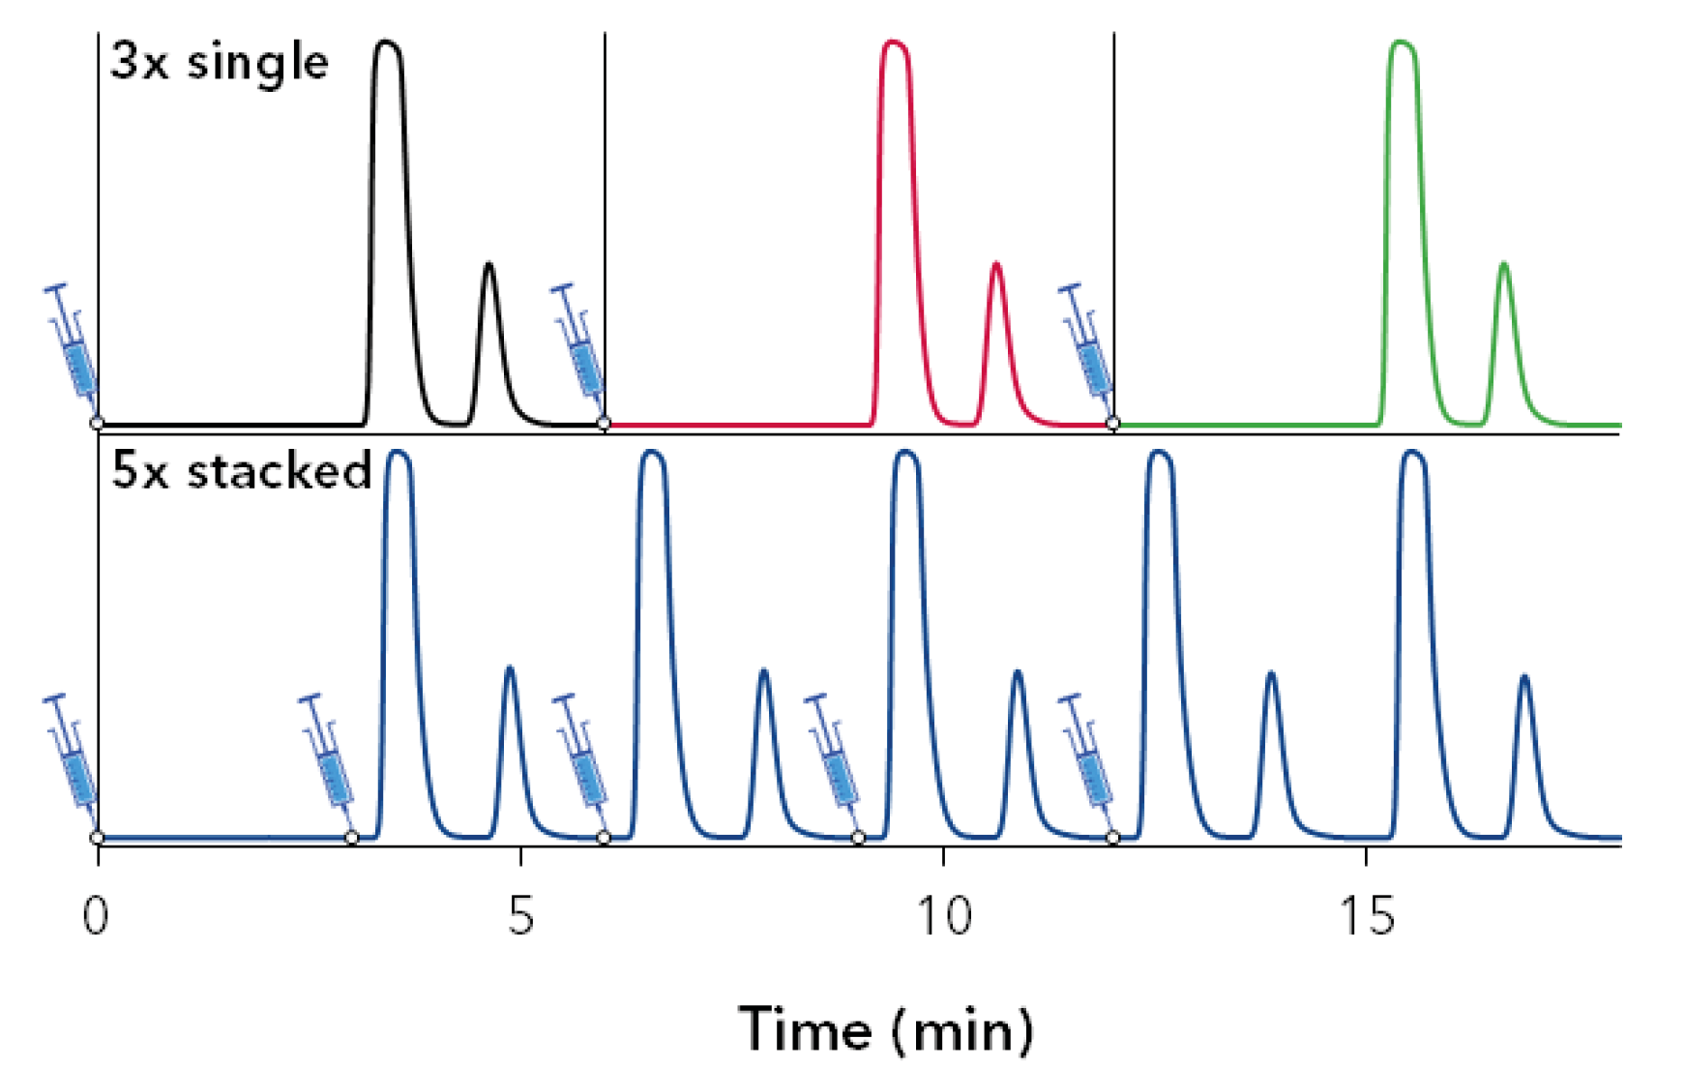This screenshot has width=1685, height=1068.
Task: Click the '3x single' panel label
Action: pyautogui.click(x=220, y=64)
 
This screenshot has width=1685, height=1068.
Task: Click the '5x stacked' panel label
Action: pyautogui.click(x=241, y=472)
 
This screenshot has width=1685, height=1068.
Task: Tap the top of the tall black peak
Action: pyautogui.click(x=387, y=44)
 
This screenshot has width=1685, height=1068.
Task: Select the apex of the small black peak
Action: pyautogui.click(x=488, y=264)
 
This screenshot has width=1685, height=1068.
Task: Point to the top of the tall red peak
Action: pyautogui.click(x=894, y=44)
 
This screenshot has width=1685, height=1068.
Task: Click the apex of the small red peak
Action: pyautogui.click(x=996, y=264)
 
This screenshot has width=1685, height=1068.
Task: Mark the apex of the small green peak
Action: pyautogui.click(x=1503, y=264)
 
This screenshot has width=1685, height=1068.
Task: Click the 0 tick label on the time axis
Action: pyautogui.click(x=96, y=915)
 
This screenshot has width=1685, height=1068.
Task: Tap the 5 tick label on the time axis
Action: pyautogui.click(x=520, y=915)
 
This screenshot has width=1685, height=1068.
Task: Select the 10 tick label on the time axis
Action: pyautogui.click(x=943, y=915)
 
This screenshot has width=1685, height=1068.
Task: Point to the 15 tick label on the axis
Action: pyautogui.click(x=1367, y=915)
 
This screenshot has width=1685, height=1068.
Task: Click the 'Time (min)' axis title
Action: pyautogui.click(x=886, y=1029)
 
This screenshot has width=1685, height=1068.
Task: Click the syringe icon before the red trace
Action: pyautogui.click(x=579, y=342)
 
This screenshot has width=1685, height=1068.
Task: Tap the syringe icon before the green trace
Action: pyautogui.click(x=1086, y=342)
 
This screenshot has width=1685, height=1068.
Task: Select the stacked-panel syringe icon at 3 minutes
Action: pyautogui.click(x=327, y=753)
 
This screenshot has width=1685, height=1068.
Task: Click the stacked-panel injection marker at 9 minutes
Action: pyautogui.click(x=858, y=837)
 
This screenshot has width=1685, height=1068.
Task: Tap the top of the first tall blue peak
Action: pyautogui.click(x=399, y=453)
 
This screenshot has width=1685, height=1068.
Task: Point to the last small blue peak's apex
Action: pyautogui.click(x=1524, y=676)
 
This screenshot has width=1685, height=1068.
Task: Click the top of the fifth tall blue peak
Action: pyautogui.click(x=1413, y=453)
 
